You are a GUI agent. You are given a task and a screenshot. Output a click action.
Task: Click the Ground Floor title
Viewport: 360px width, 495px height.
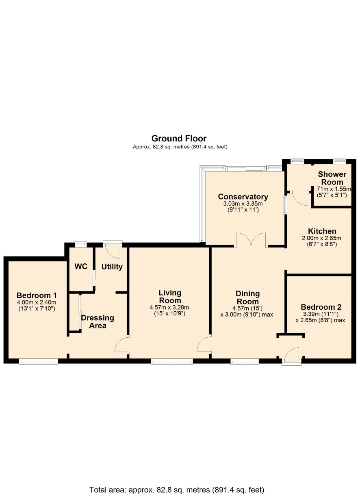coord(179,138)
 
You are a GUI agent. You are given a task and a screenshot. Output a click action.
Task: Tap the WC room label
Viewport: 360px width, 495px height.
coord(81,267)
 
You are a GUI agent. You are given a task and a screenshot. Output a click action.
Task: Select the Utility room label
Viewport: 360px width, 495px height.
coord(112,267)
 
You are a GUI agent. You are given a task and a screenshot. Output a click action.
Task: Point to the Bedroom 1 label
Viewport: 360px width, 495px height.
coord(37,295)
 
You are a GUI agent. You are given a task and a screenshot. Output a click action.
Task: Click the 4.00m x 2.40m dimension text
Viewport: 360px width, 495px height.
coord(37,302)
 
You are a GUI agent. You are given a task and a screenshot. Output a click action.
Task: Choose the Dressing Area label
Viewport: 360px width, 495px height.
coord(98,321)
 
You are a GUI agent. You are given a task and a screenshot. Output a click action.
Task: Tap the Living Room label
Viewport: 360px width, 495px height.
coord(170,297)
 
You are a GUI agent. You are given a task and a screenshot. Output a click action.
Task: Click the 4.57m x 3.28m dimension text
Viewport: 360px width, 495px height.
coord(169,307)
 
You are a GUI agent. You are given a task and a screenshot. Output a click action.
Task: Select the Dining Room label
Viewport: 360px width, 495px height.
coord(247,297)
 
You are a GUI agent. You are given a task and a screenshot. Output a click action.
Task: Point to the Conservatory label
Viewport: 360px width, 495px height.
coord(243,196)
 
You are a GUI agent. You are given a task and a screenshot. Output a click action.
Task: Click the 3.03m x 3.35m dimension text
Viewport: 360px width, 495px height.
coord(243,203)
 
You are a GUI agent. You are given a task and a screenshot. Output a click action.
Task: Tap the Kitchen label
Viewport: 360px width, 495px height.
coord(322,231)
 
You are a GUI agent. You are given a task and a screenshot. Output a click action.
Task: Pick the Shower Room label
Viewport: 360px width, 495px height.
coord(332,178)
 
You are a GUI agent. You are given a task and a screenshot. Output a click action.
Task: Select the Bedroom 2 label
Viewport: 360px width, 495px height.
coord(321,307)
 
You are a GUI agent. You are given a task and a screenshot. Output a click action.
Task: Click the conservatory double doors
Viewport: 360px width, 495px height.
coord(251,239)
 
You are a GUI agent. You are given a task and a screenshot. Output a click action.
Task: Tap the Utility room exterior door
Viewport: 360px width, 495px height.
coord(113,249)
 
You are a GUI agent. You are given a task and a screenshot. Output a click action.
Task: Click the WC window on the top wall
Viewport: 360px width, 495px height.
coord(81,244)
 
